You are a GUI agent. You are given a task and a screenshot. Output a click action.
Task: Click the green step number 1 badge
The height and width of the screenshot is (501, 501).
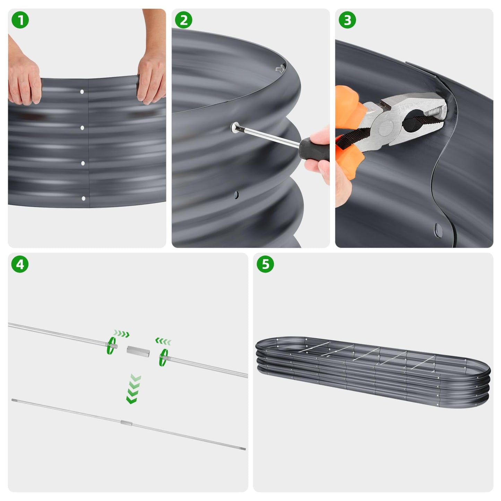click(x=20, y=20)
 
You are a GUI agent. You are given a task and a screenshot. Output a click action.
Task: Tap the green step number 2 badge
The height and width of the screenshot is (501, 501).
click(x=183, y=20)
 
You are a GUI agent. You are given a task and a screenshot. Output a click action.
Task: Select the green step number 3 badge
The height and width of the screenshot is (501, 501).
click(x=347, y=20)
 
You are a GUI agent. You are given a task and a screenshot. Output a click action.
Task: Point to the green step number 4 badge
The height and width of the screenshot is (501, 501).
click(x=20, y=264)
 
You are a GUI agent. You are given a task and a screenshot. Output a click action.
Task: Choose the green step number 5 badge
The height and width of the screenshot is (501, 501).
click(x=265, y=264)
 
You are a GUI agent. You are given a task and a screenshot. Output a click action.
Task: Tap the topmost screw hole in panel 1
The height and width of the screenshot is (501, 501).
click(x=82, y=92)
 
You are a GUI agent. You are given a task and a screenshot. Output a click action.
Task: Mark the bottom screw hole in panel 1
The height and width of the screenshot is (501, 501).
click(x=83, y=198)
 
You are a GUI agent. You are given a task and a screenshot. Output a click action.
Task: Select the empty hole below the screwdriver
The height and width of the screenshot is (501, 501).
click(x=236, y=195)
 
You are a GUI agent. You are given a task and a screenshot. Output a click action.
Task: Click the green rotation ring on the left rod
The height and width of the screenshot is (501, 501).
click(x=111, y=345)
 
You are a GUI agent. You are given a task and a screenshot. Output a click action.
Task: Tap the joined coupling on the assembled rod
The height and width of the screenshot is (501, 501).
click(x=126, y=423)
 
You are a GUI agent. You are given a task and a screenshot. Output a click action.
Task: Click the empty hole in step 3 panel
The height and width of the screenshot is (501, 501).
click(x=439, y=229)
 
